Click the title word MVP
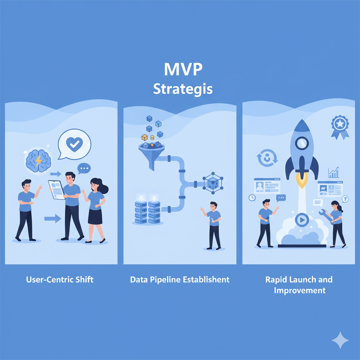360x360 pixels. point(183,70)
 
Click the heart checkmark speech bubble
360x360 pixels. point(75,144)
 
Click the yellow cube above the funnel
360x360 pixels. point(144,137)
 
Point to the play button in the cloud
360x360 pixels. point(302,220)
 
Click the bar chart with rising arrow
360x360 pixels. point(333,172)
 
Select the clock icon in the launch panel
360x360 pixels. point(252,198)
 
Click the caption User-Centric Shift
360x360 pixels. point(60,280)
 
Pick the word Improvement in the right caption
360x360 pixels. point(300,290)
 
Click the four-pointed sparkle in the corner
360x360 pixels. point(340,340)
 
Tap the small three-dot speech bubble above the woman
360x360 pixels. point(84,168)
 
